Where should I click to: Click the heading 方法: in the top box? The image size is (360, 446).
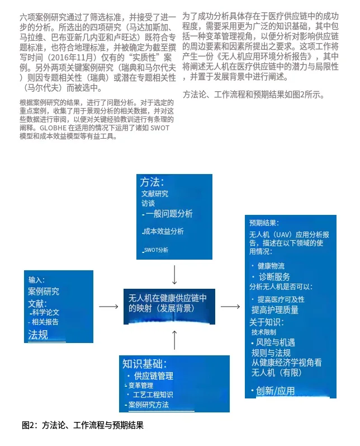[x=151, y=182]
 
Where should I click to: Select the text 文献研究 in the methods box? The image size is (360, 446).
[x=155, y=194]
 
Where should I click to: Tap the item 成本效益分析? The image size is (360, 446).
[x=163, y=231]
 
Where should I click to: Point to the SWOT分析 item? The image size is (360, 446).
[x=156, y=250]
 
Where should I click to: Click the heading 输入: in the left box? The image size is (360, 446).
[x=36, y=279]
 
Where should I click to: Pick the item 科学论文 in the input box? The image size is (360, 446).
[x=45, y=312]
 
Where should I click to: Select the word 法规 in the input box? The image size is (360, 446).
[x=38, y=335]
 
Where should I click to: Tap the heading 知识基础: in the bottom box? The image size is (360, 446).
[x=144, y=364]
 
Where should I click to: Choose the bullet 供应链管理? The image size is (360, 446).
[x=153, y=375]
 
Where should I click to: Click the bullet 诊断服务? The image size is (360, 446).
[x=274, y=277]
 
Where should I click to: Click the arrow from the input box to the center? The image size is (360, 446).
[x=108, y=307]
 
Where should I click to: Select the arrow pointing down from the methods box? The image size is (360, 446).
[x=175, y=274]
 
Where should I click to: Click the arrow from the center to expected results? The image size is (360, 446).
[x=230, y=307]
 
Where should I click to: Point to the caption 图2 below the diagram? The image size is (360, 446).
[x=82, y=425]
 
